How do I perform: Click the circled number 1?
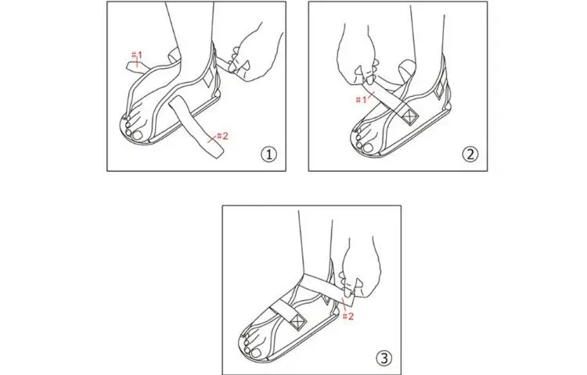[x=268, y=154]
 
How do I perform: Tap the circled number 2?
[x=470, y=154]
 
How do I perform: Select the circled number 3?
[x=384, y=359]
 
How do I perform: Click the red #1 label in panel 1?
[x=137, y=55]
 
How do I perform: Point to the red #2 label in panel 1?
[x=222, y=136]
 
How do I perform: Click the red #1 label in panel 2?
[x=362, y=100]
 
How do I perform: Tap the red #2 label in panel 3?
[x=348, y=316]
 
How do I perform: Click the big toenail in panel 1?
[x=138, y=135]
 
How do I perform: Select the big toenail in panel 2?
[x=368, y=147]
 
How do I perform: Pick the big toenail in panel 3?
[x=257, y=352]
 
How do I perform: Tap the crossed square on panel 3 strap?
[x=298, y=321]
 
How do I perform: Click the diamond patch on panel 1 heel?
[x=208, y=77]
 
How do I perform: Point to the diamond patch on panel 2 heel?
[x=439, y=89]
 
